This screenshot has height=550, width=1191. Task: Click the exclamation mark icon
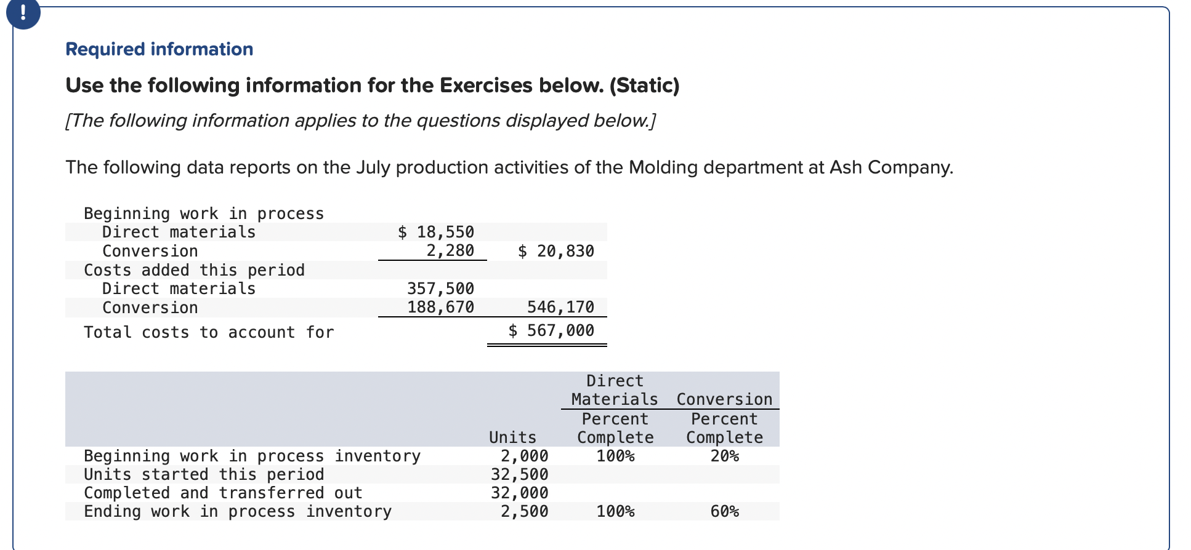pos(23,13)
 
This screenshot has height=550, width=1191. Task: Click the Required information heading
pos(159,49)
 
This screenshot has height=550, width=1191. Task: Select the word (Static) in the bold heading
pos(644,85)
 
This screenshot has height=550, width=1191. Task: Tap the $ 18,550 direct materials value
pos(436,232)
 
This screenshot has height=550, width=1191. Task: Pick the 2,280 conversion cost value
pos(450,251)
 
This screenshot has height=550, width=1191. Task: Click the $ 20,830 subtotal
pos(556,251)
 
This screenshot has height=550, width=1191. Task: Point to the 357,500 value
pos(440,289)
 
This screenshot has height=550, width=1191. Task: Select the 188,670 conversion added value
pos(440,307)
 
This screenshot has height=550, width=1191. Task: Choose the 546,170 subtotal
pos(560,307)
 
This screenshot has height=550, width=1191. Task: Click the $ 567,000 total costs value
pos(551,331)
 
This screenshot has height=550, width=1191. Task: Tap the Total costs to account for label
pos(209,332)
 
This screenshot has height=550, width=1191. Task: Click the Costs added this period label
pos(194,270)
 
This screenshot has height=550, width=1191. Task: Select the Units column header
pos(512,437)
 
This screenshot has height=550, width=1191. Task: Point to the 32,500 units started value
pos(519,474)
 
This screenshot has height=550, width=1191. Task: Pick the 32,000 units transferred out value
pos(519,493)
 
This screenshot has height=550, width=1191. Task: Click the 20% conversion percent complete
pos(724,456)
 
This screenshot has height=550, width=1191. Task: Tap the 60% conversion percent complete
pos(724,511)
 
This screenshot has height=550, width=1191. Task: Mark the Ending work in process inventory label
pos(238,511)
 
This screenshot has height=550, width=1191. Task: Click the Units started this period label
pos(204,474)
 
